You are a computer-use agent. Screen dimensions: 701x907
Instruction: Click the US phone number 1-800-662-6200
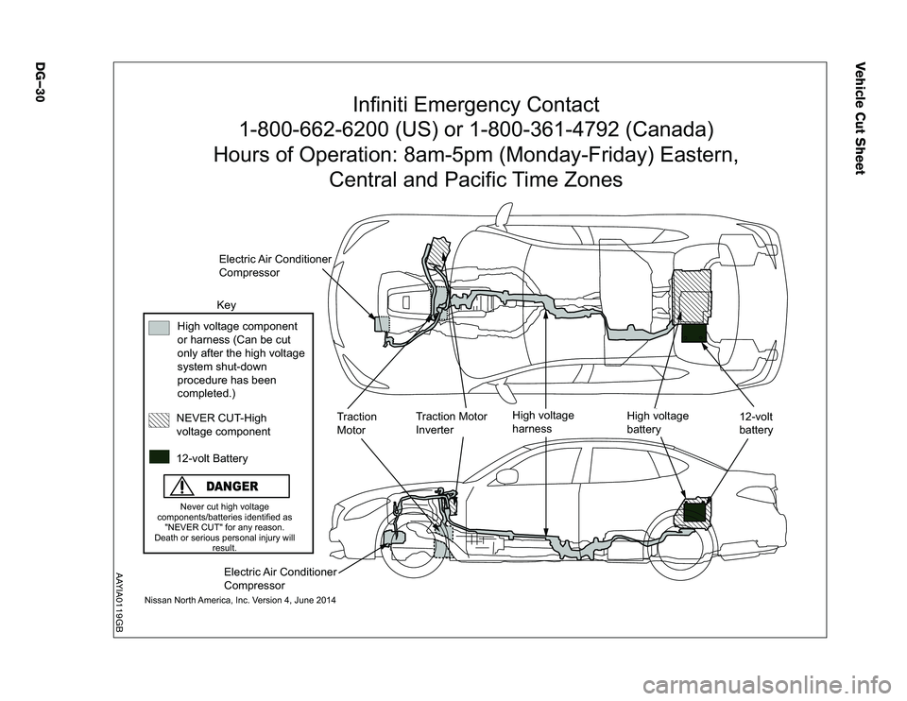(x=319, y=128)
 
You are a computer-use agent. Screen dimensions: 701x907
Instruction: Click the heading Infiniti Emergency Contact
(x=475, y=103)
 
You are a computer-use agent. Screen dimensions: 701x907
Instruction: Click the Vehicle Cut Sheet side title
(x=860, y=116)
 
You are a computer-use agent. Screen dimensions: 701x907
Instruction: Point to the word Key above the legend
(x=227, y=305)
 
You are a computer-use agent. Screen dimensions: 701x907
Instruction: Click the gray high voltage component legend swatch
(x=159, y=328)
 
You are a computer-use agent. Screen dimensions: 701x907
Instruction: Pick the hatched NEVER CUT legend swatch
(x=159, y=419)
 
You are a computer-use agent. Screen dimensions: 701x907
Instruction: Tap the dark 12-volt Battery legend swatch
(x=159, y=456)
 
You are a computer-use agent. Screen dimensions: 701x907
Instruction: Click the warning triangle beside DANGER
(x=178, y=487)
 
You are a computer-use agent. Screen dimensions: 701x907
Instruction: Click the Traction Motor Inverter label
(x=452, y=422)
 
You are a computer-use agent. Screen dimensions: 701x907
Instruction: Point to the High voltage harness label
(x=542, y=421)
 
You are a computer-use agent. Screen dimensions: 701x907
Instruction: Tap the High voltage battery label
(x=658, y=422)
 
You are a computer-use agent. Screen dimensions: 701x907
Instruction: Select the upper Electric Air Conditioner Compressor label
(x=274, y=265)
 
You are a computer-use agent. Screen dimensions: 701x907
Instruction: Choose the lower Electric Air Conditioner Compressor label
(x=280, y=578)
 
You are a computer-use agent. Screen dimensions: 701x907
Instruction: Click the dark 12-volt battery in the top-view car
(x=693, y=332)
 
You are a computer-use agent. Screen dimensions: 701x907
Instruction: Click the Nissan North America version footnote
(x=240, y=601)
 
